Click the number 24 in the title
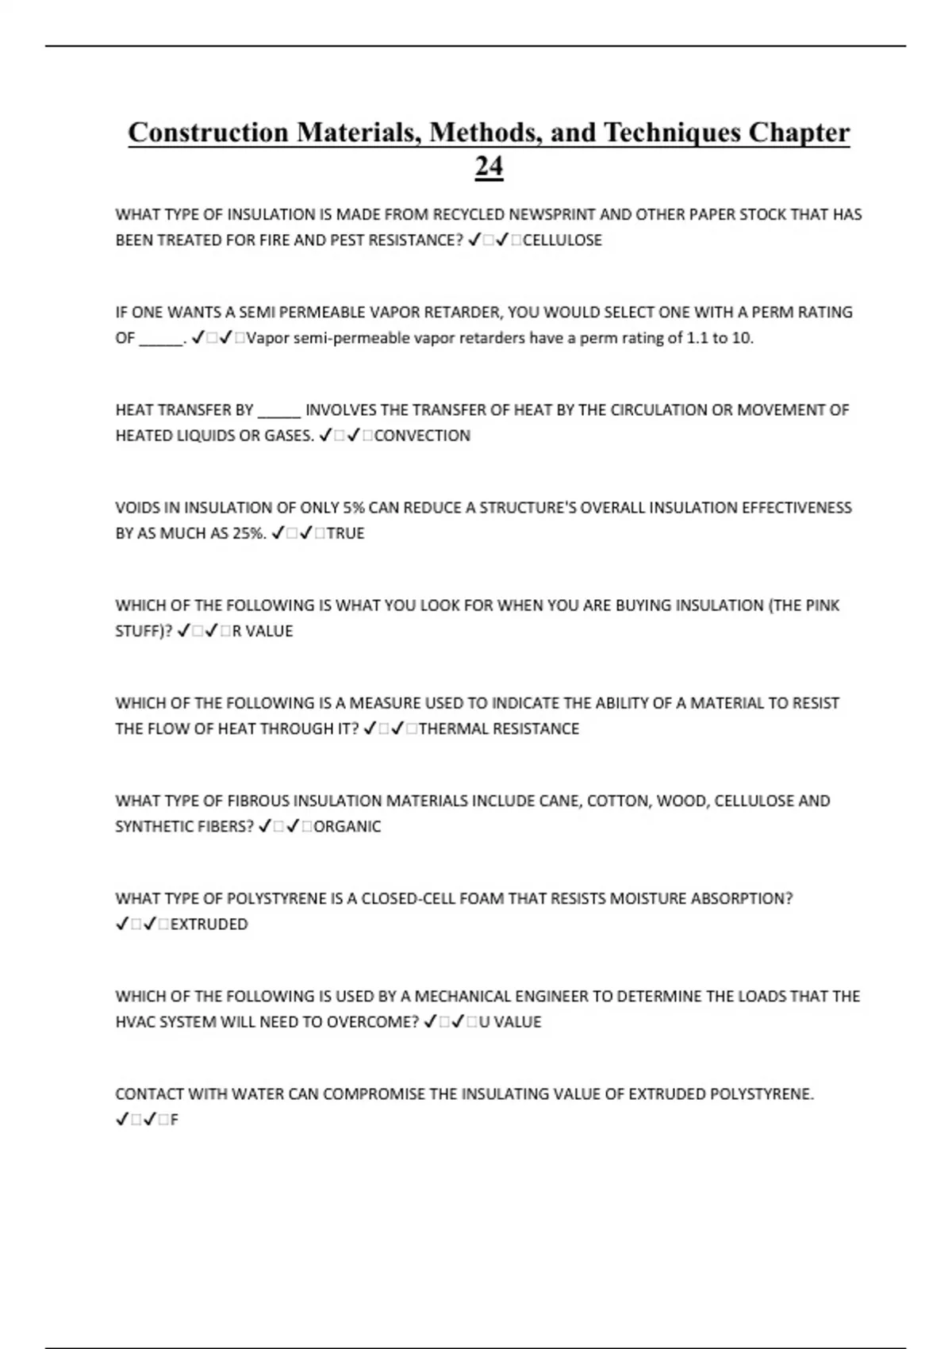pyautogui.click(x=489, y=167)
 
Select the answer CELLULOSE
pyautogui.click(x=562, y=240)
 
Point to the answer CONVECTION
pyautogui.click(x=422, y=436)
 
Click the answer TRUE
pyautogui.click(x=345, y=533)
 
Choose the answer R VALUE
pyautogui.click(x=263, y=631)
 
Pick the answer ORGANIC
pyautogui.click(x=347, y=826)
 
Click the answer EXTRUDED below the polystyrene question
pyautogui.click(x=209, y=924)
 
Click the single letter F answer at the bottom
pyautogui.click(x=175, y=1120)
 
